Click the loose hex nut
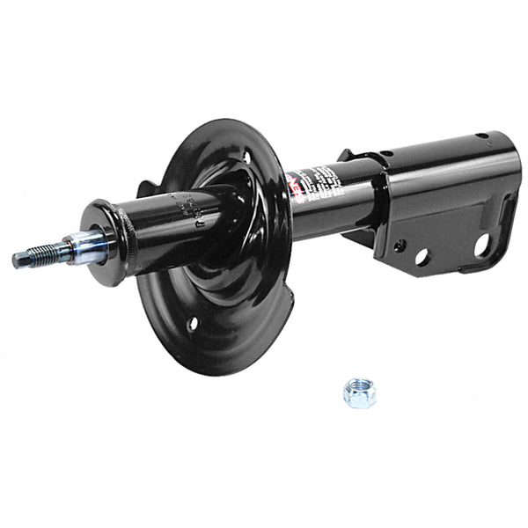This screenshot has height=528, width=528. (x=359, y=392)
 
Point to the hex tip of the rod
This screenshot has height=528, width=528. (x=18, y=260)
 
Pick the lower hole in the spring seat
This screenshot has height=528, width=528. (x=193, y=324)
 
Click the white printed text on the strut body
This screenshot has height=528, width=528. (x=322, y=182)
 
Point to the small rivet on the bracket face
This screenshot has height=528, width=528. (x=399, y=246)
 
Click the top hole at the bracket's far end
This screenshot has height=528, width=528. (x=480, y=137)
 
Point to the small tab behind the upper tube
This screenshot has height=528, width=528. (x=146, y=187)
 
